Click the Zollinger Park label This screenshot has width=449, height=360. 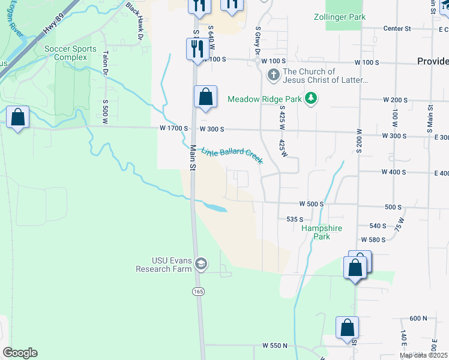pos(339,17)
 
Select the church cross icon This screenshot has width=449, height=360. pos(273,76)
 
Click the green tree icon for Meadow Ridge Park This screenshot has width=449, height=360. pos(310,98)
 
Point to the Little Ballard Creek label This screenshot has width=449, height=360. pos(232,155)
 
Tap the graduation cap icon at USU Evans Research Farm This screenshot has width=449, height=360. pos(201,264)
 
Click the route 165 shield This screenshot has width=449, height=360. pos(198,291)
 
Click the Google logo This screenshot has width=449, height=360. pos(20,352)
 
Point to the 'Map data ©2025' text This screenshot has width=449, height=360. pos(424,355)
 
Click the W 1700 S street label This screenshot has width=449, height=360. pos(174,128)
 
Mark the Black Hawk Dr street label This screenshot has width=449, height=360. pos(134,16)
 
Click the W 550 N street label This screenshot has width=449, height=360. pos(275,346)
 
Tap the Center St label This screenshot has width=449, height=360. pos(397,28)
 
